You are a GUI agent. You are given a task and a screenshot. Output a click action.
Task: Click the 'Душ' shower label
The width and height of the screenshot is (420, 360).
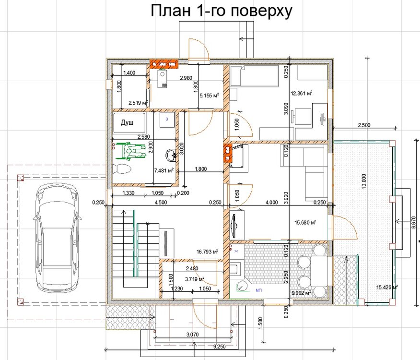pos(127,123)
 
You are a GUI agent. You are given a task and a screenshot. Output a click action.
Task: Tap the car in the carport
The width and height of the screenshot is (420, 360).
pos(57,239)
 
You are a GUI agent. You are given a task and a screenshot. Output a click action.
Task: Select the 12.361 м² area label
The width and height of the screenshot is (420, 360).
pos(302,93)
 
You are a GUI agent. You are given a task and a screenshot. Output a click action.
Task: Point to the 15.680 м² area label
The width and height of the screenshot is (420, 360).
pos(305,222)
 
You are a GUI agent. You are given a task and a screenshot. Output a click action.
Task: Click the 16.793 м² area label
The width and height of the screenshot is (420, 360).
pos(208,251)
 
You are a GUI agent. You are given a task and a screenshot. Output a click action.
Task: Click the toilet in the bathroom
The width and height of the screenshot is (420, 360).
pos(122,169)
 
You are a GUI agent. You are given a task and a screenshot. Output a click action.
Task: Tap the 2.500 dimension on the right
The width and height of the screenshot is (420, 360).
pos(364,125)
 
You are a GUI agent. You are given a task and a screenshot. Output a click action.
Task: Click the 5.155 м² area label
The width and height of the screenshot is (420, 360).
pos(209,96)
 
